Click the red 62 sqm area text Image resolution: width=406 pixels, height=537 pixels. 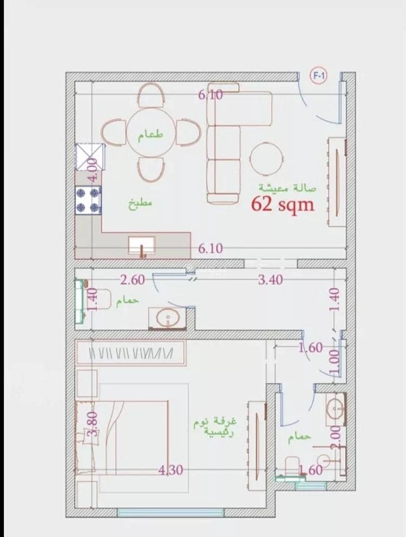click(x=283, y=204)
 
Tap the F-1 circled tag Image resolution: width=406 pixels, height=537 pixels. click(x=318, y=76)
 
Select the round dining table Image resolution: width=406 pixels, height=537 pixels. click(x=151, y=133)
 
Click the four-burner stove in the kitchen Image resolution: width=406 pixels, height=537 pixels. click(x=88, y=200)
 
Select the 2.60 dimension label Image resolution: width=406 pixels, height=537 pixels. click(x=133, y=280)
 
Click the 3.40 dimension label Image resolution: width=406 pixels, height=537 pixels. click(x=271, y=280)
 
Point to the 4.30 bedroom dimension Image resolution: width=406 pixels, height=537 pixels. click(x=171, y=470)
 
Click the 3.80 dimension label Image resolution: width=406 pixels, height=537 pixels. click(x=93, y=423)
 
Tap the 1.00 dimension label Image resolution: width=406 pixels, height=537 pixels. click(x=335, y=362)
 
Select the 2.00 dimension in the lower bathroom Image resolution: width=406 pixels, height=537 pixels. click(x=336, y=436)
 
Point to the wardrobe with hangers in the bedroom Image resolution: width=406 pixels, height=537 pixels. click(x=130, y=353)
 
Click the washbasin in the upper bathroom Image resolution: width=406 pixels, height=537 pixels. click(x=167, y=318)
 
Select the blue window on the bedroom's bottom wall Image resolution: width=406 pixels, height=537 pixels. click(x=171, y=512)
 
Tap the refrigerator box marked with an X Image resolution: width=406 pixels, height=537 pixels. click(x=90, y=157)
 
